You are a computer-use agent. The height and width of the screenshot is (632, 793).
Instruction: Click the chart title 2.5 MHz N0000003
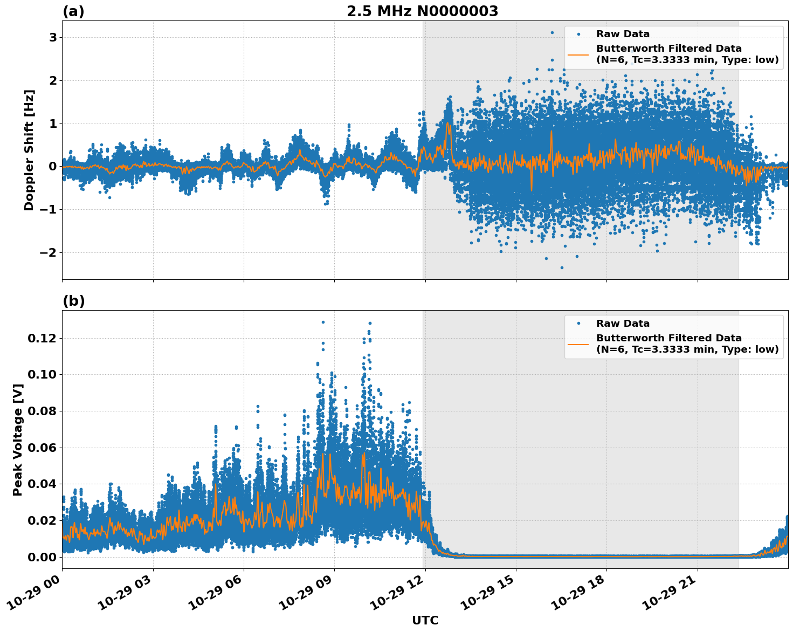point(422,11)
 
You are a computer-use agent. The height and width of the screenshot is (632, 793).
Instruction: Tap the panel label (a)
point(73,11)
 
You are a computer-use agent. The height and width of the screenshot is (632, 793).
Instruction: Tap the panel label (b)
point(73,301)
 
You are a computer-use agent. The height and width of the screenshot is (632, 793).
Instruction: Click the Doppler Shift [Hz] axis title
point(29,150)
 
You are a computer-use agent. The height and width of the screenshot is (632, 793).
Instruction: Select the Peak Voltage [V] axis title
point(18,439)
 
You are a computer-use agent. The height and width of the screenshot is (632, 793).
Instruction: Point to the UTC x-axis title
point(425,620)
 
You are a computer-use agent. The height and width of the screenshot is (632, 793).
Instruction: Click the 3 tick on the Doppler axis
point(53,37)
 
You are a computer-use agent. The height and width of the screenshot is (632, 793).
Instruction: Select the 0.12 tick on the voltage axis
point(42,338)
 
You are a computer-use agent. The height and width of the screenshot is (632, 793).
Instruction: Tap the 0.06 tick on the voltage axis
point(42,448)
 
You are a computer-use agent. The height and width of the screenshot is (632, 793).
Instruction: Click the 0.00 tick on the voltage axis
point(42,557)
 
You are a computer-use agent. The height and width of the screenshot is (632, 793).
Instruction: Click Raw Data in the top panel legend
point(623,34)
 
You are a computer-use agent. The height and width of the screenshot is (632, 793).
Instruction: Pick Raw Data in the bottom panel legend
point(623,324)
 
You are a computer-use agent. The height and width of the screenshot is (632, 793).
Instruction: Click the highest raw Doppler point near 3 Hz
point(551,32)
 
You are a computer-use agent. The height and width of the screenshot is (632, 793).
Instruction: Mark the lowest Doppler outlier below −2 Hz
point(562,267)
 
